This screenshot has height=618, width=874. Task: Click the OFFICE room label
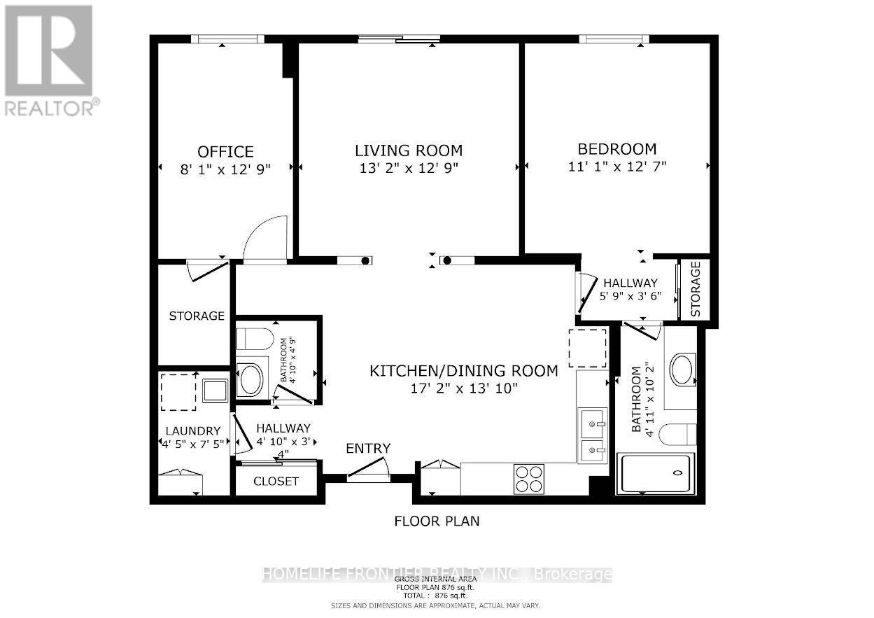[x=225, y=152]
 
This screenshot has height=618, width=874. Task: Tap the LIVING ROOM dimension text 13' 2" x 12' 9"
[x=408, y=168]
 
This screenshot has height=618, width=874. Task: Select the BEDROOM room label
[x=616, y=149]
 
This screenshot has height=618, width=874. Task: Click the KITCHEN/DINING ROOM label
[x=464, y=371]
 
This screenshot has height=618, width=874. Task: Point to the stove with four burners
[x=529, y=479]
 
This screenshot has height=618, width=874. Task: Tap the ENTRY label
[x=368, y=449]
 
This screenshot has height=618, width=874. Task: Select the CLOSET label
[x=276, y=482]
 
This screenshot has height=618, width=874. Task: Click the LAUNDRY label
[x=193, y=430]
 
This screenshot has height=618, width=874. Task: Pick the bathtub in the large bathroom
[x=655, y=474]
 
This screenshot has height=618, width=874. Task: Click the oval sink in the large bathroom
[x=682, y=370]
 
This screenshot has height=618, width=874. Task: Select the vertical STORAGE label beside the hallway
[x=696, y=289]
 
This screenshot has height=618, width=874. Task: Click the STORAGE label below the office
[x=197, y=316]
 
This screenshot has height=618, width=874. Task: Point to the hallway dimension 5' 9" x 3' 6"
[x=630, y=296]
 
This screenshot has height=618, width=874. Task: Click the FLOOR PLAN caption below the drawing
[x=437, y=521]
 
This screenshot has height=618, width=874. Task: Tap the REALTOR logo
[x=50, y=59]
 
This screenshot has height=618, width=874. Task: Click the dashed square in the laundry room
[x=178, y=392]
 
